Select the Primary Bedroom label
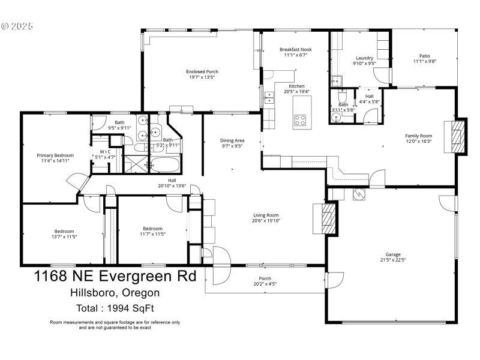55,155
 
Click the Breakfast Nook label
295,50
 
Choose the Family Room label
418,136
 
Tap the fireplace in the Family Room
457,136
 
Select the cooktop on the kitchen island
300,119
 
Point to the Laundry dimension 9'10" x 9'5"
364,62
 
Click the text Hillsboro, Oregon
114,293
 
